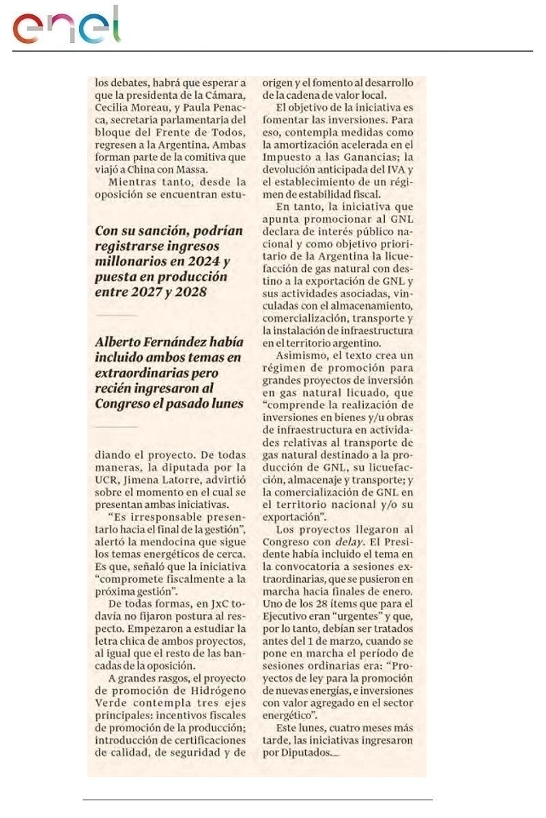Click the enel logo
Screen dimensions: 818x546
pos(67,26)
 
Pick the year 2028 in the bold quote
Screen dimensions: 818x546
pos(191,292)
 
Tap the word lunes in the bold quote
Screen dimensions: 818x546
pos(226,403)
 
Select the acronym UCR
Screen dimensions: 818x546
pos(105,480)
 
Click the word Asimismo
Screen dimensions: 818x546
pos(301,356)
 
